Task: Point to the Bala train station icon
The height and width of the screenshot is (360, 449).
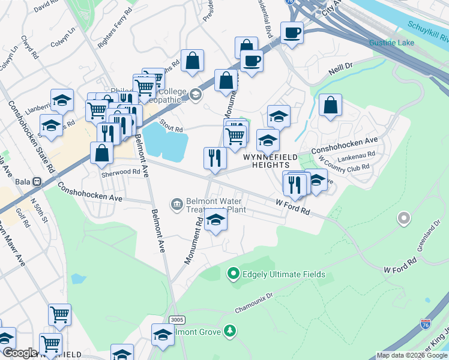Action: tap(37, 181)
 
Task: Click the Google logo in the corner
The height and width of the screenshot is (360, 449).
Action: tap(20, 353)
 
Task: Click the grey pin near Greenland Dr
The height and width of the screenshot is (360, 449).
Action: tap(403, 218)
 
